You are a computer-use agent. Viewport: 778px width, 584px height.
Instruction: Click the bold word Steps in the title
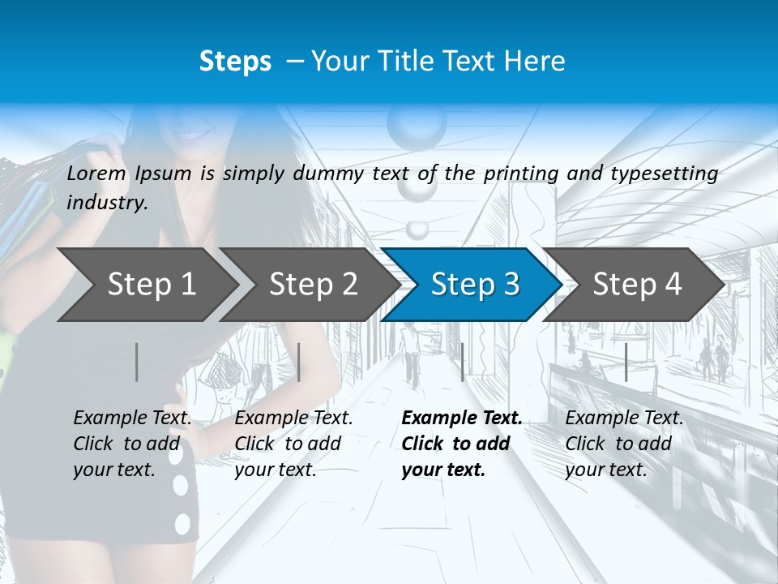pos(235,62)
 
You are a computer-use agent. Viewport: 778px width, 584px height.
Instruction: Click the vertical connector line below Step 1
pos(137,362)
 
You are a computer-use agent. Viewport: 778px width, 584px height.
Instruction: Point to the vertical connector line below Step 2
pos(299,362)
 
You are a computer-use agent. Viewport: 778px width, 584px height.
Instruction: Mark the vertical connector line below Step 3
pos(462,362)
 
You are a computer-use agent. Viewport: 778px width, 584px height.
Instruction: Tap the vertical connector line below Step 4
pos(626,362)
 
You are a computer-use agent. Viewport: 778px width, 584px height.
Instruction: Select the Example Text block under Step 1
pos(132,444)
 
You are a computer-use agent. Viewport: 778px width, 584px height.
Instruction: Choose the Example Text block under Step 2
pos(293,444)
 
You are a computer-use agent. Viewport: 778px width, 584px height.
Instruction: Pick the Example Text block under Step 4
pos(624,444)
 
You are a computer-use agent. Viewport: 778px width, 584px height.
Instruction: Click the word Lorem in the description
pos(96,174)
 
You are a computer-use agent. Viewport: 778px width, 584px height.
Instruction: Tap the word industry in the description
pos(107,203)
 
